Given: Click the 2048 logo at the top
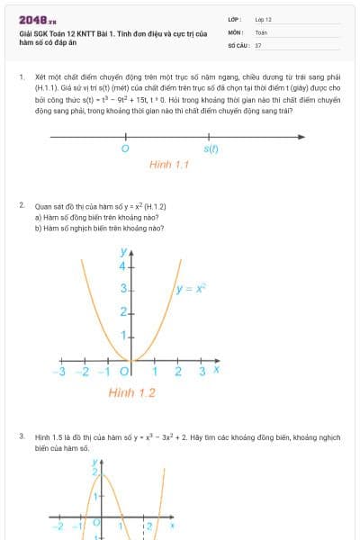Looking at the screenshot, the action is [37, 20].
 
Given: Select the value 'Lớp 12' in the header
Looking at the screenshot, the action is [263, 19].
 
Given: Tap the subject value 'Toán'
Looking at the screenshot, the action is [261, 31].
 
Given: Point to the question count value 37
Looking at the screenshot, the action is [258, 44].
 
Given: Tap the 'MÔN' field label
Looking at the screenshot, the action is [236, 31].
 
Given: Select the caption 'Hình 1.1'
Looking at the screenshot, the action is [168, 165].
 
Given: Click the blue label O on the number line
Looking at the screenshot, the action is [124, 148].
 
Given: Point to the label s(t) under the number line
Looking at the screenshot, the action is [211, 148].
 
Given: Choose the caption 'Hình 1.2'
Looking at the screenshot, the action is [132, 393].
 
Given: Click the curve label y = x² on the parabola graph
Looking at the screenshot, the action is [191, 289].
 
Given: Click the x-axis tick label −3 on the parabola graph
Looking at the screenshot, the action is [59, 371].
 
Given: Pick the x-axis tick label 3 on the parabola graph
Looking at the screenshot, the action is [202, 371].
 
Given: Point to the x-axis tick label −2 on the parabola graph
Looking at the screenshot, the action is [82, 371].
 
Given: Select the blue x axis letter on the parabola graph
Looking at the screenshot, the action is [217, 369].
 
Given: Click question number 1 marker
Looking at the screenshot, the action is [22, 77].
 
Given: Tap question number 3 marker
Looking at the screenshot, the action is [22, 436].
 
